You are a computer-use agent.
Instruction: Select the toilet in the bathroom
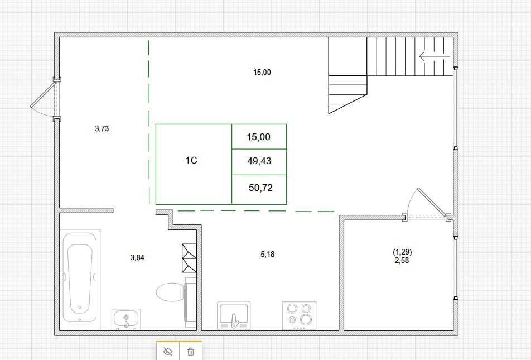click(170, 292)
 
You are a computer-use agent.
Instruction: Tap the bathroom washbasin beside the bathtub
click(126, 319)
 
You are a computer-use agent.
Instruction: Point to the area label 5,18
click(267, 255)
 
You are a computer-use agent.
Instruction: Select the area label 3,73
click(102, 128)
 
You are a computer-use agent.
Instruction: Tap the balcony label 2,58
click(402, 260)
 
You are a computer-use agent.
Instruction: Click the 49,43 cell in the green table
click(259, 162)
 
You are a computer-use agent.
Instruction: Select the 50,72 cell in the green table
click(260, 188)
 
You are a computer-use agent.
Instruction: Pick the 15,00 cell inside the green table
click(259, 137)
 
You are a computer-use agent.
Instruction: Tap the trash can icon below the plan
click(191, 352)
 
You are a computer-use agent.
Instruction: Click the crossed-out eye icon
click(168, 352)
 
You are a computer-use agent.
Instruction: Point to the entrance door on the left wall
click(44, 100)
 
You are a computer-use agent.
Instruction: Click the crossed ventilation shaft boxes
click(189, 258)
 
